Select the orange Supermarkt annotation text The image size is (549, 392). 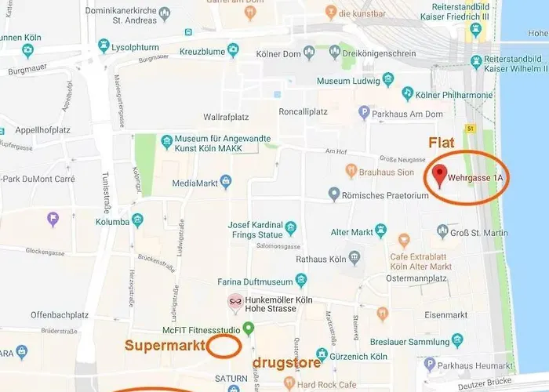(x=165, y=345)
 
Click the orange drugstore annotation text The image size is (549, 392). (x=286, y=363)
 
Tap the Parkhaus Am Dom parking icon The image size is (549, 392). (x=363, y=112)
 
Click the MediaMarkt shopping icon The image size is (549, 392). (x=226, y=183)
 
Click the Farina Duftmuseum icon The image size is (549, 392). (x=300, y=281)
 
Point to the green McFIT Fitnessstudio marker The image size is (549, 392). (x=248, y=328)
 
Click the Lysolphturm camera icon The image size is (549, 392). (x=104, y=47)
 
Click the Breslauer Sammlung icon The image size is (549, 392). (x=457, y=340)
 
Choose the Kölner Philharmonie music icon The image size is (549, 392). (x=407, y=94)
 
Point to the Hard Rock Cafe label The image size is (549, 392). (x=328, y=383)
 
